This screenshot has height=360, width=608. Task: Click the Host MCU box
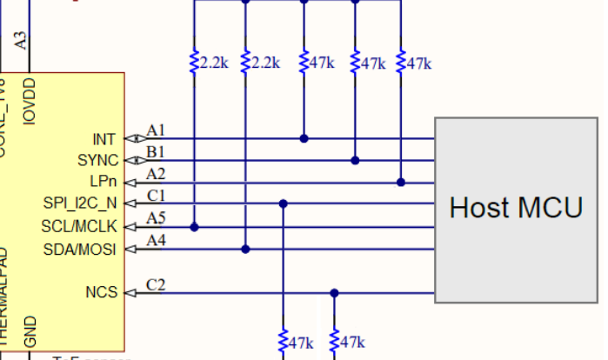(518, 209)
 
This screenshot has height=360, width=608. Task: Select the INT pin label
(104, 139)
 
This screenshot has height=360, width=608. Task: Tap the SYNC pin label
(97, 161)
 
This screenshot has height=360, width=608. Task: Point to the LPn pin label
(103, 183)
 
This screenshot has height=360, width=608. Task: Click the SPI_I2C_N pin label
(79, 204)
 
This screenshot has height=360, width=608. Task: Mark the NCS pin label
(101, 292)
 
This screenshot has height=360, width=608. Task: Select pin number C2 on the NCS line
(156, 283)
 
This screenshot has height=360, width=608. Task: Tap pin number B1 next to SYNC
(156, 152)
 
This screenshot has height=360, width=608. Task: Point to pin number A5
(156, 218)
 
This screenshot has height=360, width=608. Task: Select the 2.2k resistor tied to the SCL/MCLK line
(194, 63)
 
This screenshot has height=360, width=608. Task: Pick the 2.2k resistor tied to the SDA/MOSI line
(245, 63)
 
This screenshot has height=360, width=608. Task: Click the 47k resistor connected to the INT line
(304, 63)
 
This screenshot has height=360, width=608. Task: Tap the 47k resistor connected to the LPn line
(401, 63)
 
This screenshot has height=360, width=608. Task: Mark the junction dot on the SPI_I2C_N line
(284, 203)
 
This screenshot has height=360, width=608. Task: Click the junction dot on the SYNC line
(355, 160)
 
